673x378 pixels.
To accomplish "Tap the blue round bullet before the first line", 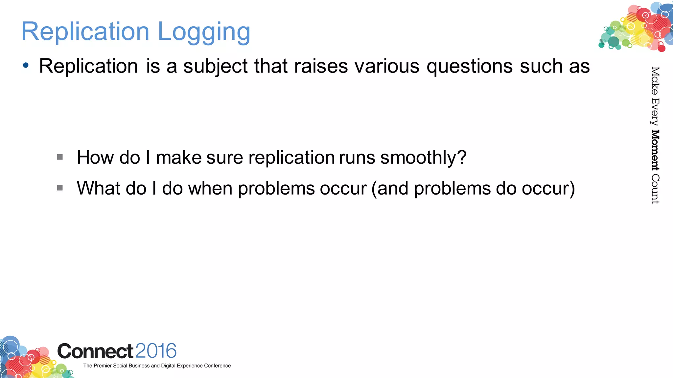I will coord(26,65).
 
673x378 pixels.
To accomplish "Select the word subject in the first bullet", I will coord(215,66).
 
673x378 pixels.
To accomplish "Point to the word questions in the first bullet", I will coord(469,66).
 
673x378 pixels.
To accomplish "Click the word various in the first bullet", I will coord(387,66).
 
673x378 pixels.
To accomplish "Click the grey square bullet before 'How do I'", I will coord(60,157).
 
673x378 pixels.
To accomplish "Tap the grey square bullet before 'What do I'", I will coord(60,188).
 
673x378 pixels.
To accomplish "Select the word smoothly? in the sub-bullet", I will coord(423,157).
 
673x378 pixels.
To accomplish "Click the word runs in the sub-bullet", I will coord(357,157).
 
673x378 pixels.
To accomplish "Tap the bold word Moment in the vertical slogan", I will coord(655,150).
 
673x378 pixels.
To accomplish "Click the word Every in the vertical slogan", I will coord(655,112).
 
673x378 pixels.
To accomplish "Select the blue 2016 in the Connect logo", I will coord(156,351).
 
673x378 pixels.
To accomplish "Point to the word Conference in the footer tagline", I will coord(217,366).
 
